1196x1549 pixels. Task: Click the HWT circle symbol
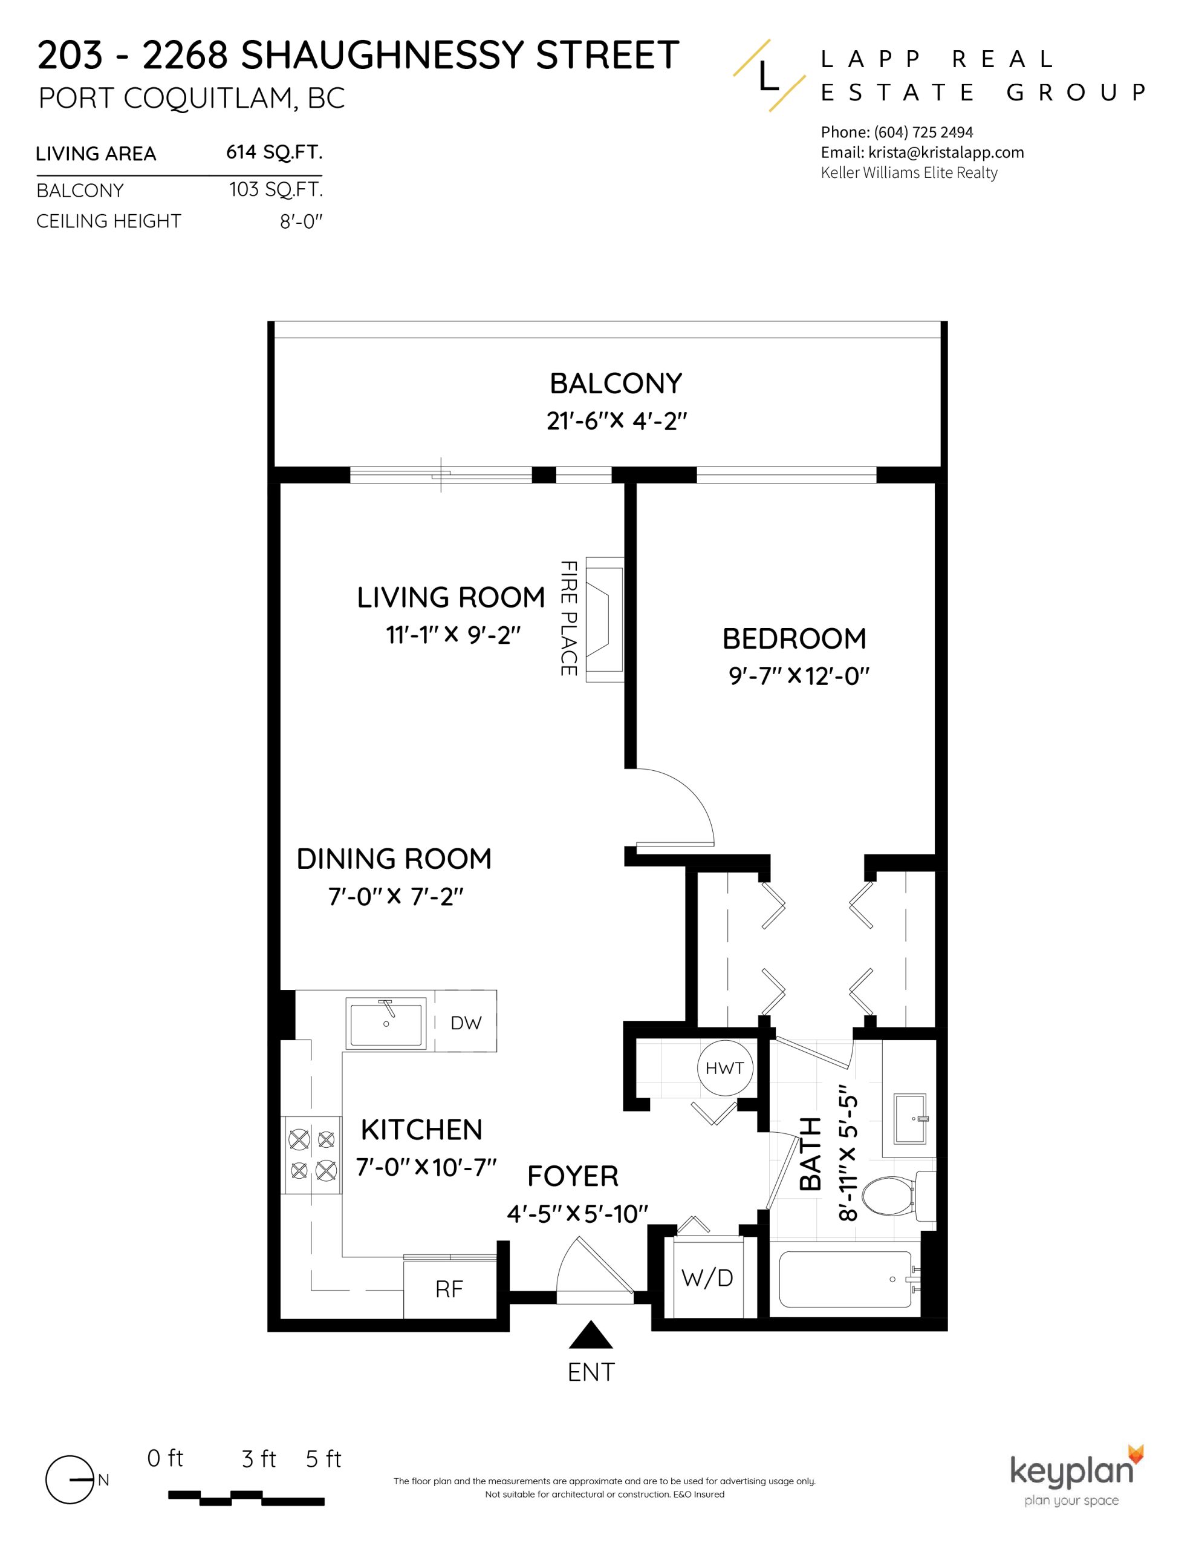(x=724, y=1068)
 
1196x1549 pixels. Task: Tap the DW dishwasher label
(x=466, y=1023)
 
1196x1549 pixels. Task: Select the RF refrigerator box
(x=449, y=1289)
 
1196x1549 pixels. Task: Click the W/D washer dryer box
(x=707, y=1278)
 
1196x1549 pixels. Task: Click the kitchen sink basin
(x=386, y=1022)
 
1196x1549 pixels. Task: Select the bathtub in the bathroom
(x=845, y=1280)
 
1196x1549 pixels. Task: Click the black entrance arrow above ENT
(x=591, y=1335)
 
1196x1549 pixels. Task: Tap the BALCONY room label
(x=616, y=384)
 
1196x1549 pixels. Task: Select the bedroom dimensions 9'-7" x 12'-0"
(x=798, y=676)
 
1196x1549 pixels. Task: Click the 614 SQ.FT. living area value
(x=274, y=152)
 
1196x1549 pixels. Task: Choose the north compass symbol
(x=71, y=1480)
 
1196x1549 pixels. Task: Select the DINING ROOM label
(x=394, y=859)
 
